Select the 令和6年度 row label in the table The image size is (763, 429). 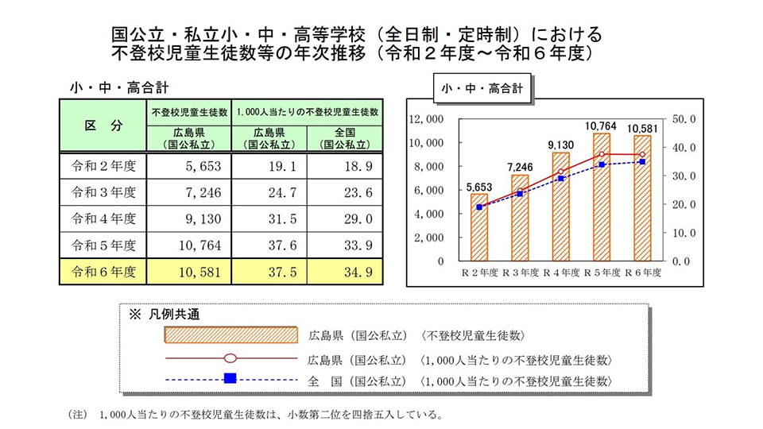[104, 271]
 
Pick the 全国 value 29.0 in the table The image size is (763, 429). [344, 218]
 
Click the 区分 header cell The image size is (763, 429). [104, 126]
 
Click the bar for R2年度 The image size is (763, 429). [478, 227]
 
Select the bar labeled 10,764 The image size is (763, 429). [601, 197]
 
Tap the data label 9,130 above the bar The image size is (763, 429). [560, 145]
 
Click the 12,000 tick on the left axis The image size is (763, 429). [426, 119]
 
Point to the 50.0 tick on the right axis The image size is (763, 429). [684, 119]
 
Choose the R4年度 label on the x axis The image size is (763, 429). [560, 272]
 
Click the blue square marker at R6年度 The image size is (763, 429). [642, 162]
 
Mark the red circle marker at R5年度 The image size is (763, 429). [602, 155]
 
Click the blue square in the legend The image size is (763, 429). [230, 378]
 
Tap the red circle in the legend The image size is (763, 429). [230, 357]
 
